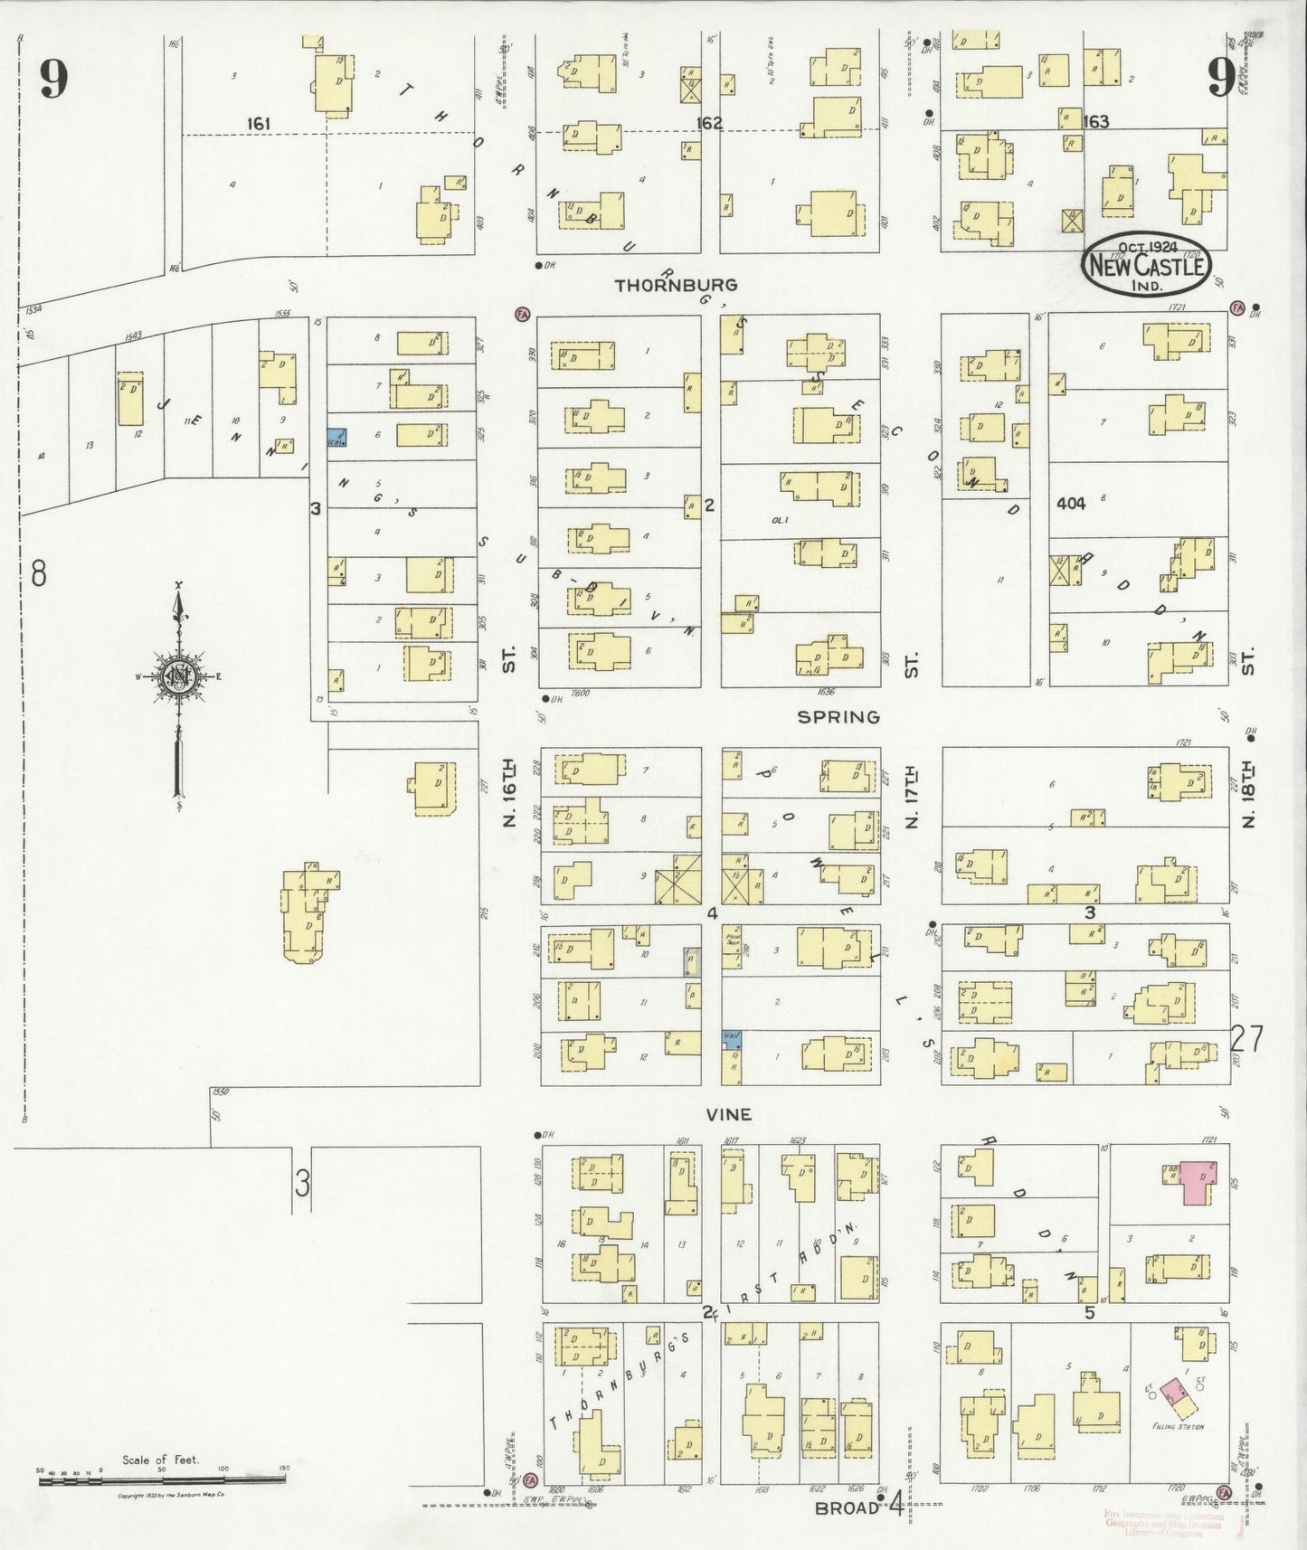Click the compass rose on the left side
(179, 675)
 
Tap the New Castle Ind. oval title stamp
(1147, 265)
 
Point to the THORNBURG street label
(676, 286)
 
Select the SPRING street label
(838, 717)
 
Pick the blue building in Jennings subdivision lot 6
(336, 438)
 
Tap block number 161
(258, 123)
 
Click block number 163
(1095, 121)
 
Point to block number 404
(1070, 504)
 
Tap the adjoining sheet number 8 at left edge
(39, 573)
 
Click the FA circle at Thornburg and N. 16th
(522, 314)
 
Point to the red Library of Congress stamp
(1162, 1523)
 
